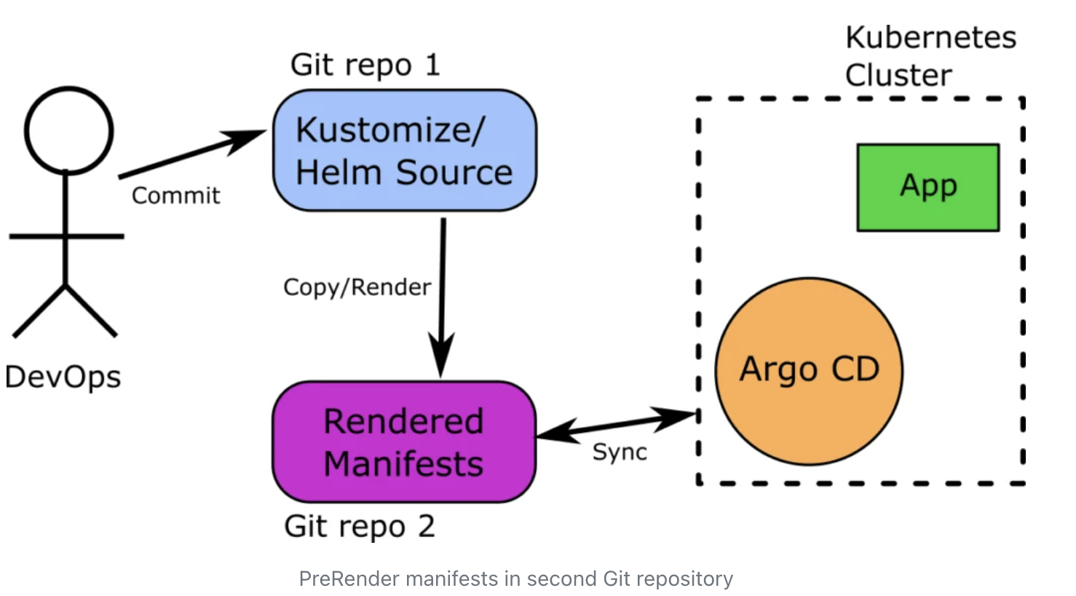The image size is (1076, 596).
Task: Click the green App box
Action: (927, 187)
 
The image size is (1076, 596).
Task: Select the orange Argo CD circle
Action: (809, 370)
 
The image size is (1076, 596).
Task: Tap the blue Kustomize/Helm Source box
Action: (404, 151)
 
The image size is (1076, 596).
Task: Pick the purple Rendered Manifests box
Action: (403, 442)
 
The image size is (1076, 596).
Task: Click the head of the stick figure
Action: (69, 131)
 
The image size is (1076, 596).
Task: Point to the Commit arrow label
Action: (175, 195)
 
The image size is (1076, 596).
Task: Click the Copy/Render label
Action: (357, 287)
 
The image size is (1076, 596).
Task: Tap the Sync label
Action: (620, 452)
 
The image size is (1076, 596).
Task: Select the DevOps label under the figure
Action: (63, 377)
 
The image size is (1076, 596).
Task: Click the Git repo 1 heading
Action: (365, 65)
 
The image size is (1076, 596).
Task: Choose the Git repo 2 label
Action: (360, 526)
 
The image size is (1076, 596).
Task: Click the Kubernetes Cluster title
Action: (930, 56)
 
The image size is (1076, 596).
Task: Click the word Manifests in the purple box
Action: (403, 464)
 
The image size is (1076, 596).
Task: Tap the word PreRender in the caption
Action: (349, 579)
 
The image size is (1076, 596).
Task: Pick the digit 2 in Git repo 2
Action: (427, 526)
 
